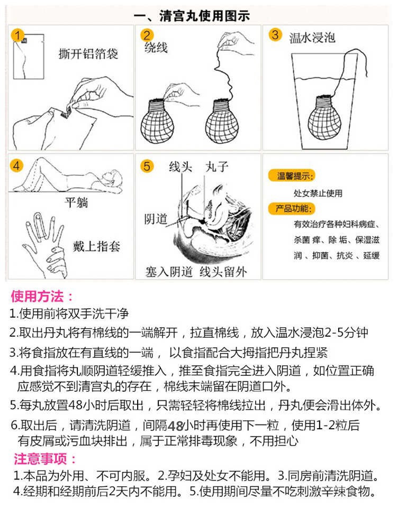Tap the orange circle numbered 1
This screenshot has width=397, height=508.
pyautogui.click(x=19, y=36)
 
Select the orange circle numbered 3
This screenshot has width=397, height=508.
pyautogui.click(x=274, y=35)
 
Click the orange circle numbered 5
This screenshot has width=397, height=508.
pyautogui.click(x=147, y=166)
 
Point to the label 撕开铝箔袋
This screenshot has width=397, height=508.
pyautogui.click(x=88, y=54)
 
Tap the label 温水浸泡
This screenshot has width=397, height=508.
pyautogui.click(x=312, y=38)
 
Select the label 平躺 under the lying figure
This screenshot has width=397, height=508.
pyautogui.click(x=76, y=204)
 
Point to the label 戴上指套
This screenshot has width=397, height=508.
pyautogui.click(x=97, y=246)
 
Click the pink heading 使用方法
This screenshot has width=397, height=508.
pyautogui.click(x=43, y=296)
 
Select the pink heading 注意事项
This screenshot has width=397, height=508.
pyautogui.click(x=45, y=458)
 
